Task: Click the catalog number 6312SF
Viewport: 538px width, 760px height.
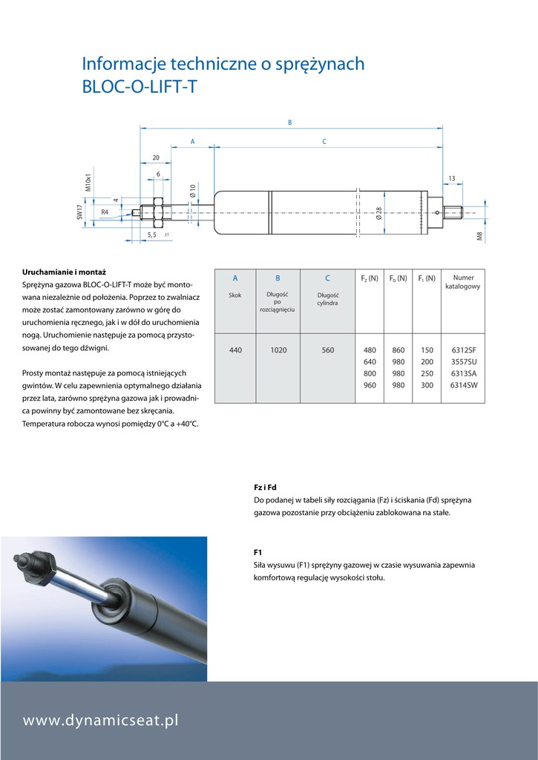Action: [463, 350]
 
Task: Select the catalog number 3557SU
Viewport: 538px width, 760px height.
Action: [463, 362]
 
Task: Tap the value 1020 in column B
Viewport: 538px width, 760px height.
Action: [278, 350]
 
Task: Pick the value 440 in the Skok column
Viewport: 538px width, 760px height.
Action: [235, 350]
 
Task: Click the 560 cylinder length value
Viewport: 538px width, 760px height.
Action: [327, 350]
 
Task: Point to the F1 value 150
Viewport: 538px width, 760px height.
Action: [427, 350]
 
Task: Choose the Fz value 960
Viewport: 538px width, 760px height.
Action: [370, 385]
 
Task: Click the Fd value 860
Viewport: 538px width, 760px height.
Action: [398, 350]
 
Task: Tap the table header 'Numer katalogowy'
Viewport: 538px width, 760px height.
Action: [463, 282]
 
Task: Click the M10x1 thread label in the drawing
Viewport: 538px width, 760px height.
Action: [88, 183]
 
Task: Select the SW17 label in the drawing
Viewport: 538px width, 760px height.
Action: [80, 212]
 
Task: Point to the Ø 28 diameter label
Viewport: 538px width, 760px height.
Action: [378, 214]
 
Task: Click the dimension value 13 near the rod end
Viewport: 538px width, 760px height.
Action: [451, 178]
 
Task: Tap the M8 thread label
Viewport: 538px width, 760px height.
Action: [479, 237]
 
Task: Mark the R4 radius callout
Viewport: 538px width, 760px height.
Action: [105, 212]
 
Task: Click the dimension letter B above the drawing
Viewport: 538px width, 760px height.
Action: [290, 122]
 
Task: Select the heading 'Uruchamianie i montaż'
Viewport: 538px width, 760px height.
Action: [64, 272]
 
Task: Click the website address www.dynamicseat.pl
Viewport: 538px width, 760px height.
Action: [101, 720]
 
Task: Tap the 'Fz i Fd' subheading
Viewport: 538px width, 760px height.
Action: [265, 487]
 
